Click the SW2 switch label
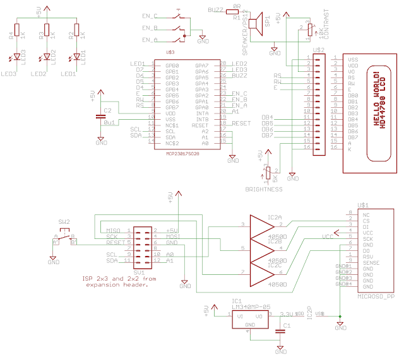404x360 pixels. point(64,222)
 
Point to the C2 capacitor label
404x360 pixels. point(107,110)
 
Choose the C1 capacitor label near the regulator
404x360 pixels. point(287,326)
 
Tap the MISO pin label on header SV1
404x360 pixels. point(114,231)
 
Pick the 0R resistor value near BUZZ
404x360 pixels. point(237,7)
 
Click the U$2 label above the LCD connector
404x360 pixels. point(319,49)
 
